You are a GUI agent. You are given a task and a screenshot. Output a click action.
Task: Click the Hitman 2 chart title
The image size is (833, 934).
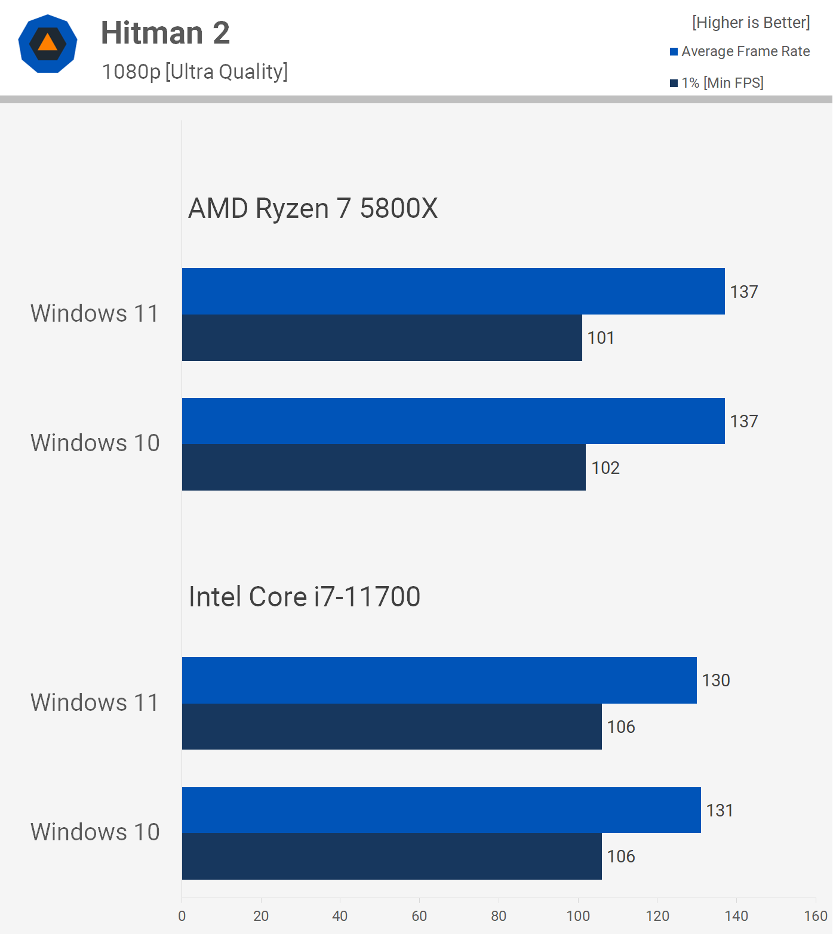(x=165, y=33)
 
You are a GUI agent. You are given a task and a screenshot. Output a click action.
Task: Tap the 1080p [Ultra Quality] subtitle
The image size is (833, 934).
(x=195, y=72)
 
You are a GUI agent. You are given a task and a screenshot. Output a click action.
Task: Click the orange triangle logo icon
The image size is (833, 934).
(x=48, y=44)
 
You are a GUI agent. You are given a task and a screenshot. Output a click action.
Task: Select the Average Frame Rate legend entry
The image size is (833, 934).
(x=740, y=51)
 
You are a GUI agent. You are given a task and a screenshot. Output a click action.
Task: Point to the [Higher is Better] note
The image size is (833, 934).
(x=751, y=23)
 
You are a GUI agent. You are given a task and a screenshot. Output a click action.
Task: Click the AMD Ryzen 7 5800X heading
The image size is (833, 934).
(x=313, y=208)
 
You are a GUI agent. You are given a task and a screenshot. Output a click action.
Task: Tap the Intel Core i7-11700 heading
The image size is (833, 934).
(x=305, y=597)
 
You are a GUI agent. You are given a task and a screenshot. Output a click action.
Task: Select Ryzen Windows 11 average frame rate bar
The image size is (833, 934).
(x=453, y=291)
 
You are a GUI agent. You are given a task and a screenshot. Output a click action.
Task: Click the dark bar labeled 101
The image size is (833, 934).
(x=382, y=338)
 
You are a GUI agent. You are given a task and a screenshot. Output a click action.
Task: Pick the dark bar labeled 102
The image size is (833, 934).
(x=384, y=467)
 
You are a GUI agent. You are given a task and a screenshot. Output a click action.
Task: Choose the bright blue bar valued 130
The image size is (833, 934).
(x=439, y=680)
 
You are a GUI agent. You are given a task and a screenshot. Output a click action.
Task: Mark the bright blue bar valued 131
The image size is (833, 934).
(x=441, y=810)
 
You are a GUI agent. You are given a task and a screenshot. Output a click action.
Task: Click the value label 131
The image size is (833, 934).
(x=720, y=810)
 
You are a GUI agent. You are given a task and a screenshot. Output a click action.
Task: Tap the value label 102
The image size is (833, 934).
(x=605, y=468)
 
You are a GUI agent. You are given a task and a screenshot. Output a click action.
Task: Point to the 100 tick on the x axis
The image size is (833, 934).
(x=578, y=916)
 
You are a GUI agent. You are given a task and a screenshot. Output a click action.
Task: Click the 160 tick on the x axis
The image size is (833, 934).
(x=816, y=916)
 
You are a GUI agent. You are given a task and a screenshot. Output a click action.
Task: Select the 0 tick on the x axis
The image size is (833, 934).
(x=182, y=916)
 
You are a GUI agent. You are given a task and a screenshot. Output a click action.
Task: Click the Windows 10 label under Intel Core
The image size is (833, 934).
(x=95, y=832)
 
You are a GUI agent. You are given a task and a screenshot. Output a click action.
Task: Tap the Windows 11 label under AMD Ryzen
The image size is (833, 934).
(x=95, y=313)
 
